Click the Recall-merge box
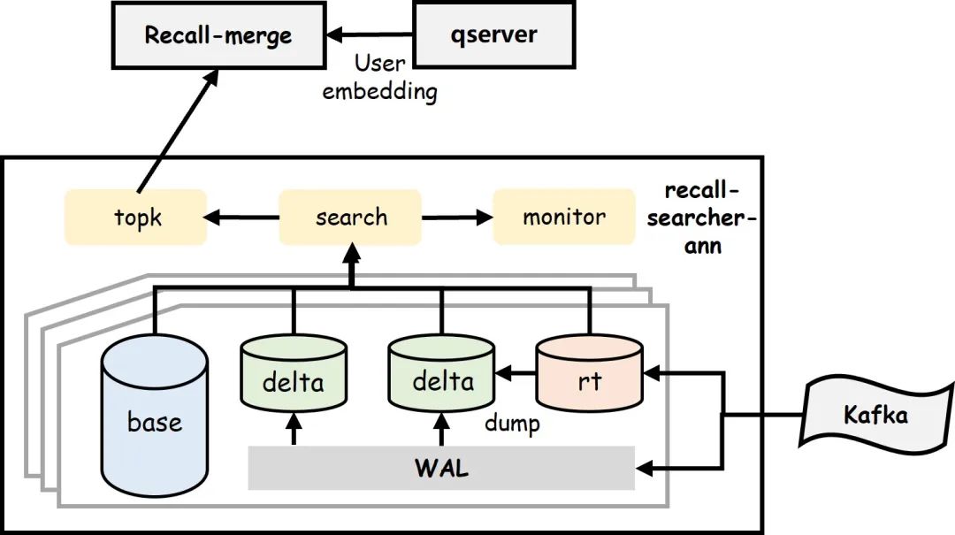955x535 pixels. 218,36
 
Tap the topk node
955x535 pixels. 136,218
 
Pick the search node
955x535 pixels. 351,218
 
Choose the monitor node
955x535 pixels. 563,218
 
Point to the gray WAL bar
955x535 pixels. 441,468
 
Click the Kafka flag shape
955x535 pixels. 875,414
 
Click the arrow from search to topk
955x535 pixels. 243,218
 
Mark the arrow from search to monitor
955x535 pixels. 457,218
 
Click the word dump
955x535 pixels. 511,424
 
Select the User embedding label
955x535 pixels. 379,77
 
